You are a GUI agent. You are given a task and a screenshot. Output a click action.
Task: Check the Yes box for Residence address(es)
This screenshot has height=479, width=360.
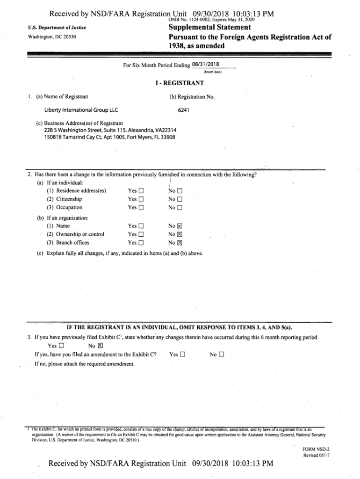(x=141, y=191)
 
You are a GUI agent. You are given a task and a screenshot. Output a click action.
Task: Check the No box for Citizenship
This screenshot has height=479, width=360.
(x=180, y=199)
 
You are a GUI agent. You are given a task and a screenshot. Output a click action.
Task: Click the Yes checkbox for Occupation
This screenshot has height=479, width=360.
(x=141, y=208)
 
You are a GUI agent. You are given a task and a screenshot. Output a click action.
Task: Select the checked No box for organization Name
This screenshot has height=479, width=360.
(x=180, y=226)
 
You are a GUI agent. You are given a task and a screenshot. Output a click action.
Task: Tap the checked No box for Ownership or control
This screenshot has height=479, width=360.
(x=180, y=234)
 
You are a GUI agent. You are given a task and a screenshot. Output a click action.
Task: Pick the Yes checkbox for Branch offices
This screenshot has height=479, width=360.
(x=141, y=243)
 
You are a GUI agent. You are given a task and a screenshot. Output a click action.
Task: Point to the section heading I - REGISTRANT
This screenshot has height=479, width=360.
(x=180, y=83)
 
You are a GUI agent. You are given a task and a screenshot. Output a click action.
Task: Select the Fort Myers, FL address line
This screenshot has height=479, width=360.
(x=110, y=137)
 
